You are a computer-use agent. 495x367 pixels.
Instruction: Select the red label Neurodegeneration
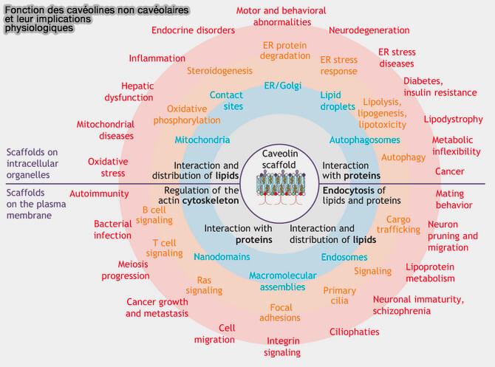pos(369,30)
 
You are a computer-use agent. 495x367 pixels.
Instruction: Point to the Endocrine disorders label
pos(193,30)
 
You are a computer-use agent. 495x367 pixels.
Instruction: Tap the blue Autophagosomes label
pos(364,140)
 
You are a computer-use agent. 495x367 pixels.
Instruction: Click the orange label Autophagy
pos(403,157)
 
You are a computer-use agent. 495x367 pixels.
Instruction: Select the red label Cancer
pos(450,171)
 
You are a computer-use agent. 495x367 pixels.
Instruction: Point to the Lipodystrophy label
pos(453,119)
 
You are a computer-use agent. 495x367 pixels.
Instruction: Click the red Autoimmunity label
pos(99,193)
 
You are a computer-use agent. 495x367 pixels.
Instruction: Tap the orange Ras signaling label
pos(205,285)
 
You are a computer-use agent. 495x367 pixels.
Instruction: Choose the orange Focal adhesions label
pos(280,312)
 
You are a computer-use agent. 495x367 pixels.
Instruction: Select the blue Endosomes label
pos(344,257)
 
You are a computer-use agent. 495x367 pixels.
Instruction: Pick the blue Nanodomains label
pos(222,257)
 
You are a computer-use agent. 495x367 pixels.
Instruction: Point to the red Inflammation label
pos(157,58)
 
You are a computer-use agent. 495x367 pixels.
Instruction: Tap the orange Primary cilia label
pos(340,296)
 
